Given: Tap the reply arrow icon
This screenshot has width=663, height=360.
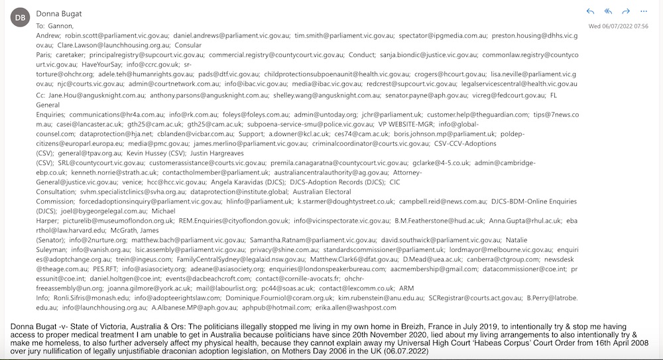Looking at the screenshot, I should point(591,12).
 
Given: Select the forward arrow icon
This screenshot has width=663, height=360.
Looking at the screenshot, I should point(626,12).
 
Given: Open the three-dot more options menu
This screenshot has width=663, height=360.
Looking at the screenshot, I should point(643,12).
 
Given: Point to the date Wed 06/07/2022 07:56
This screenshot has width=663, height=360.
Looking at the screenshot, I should point(619,27).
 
